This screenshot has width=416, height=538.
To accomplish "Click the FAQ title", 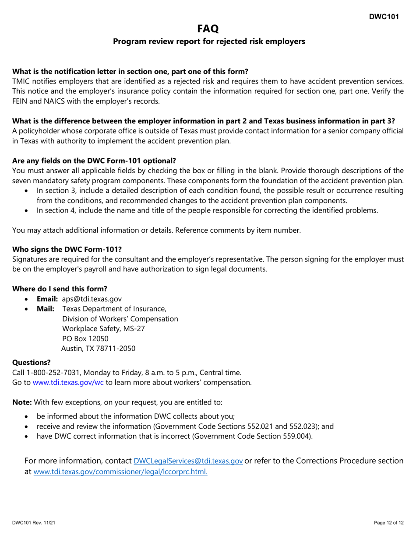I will (208, 29).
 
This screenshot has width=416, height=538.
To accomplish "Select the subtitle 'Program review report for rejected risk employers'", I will (209, 42).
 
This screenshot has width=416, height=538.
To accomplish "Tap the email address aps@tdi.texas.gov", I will (92, 299).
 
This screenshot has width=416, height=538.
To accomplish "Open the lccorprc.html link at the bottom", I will (120, 472).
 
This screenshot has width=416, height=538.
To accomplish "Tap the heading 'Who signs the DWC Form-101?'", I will (67, 250).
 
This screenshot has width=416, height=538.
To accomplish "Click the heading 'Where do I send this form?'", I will (60, 289).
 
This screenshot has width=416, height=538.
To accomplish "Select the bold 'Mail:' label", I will (46, 309).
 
